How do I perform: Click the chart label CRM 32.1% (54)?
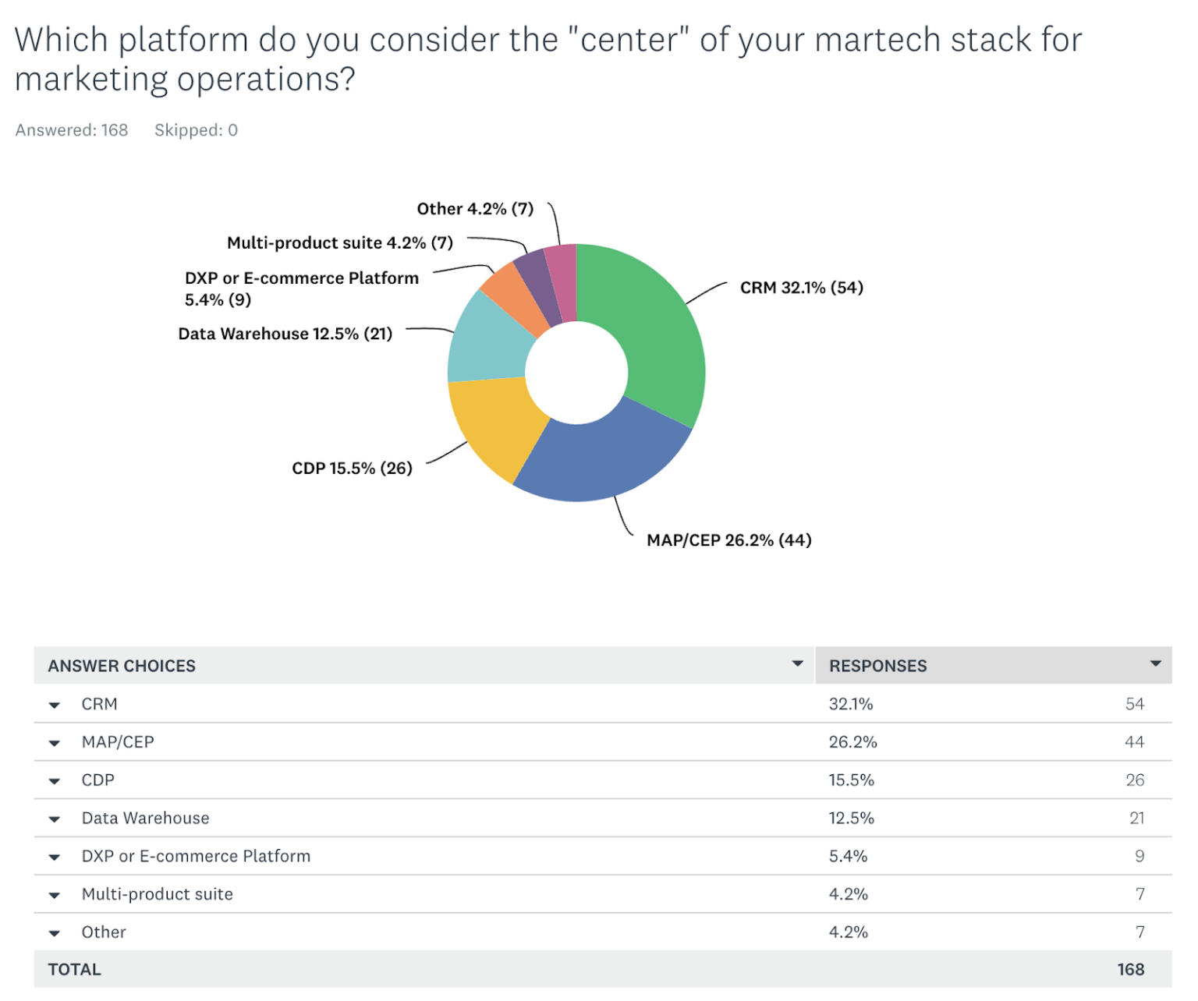(x=801, y=288)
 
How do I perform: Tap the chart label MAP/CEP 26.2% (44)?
(x=728, y=540)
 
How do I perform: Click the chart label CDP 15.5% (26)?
(x=352, y=469)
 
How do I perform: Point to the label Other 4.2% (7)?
(x=475, y=209)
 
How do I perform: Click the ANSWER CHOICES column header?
(x=122, y=667)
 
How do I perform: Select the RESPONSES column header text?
(x=877, y=667)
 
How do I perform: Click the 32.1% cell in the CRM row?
(x=850, y=705)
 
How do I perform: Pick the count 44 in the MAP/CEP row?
(x=1134, y=742)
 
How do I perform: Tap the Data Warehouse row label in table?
(x=145, y=819)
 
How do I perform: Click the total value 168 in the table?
(x=1130, y=970)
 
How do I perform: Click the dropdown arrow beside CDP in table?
(x=55, y=781)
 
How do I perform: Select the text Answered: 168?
(x=72, y=130)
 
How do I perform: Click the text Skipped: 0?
(x=196, y=130)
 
